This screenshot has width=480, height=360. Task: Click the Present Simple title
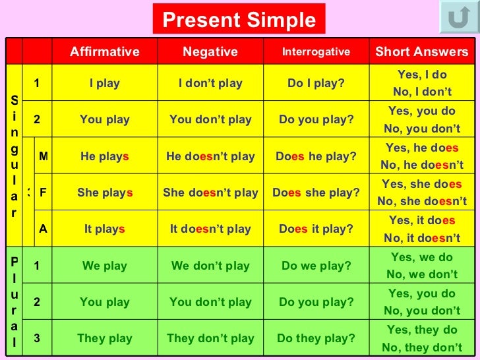[239, 20]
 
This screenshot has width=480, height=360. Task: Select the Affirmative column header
[105, 52]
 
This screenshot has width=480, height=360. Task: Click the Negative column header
[210, 52]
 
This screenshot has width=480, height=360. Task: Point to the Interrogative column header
[316, 52]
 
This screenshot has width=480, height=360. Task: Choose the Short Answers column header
[422, 52]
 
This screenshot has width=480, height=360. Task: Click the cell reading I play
[105, 84]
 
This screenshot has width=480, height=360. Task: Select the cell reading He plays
[105, 156]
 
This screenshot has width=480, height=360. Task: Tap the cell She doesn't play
[210, 193]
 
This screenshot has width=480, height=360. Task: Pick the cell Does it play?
[316, 229]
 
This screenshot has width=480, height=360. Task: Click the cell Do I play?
[316, 84]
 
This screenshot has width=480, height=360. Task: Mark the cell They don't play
[210, 338]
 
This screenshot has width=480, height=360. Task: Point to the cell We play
[105, 266]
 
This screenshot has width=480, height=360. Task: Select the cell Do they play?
[316, 338]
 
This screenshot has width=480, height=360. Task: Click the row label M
[44, 156]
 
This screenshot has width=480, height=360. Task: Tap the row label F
[44, 193]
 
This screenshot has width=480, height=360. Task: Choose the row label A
[44, 229]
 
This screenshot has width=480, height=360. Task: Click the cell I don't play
[210, 84]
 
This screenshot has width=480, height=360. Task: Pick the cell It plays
[105, 229]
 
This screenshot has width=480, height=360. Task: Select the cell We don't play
[210, 266]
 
